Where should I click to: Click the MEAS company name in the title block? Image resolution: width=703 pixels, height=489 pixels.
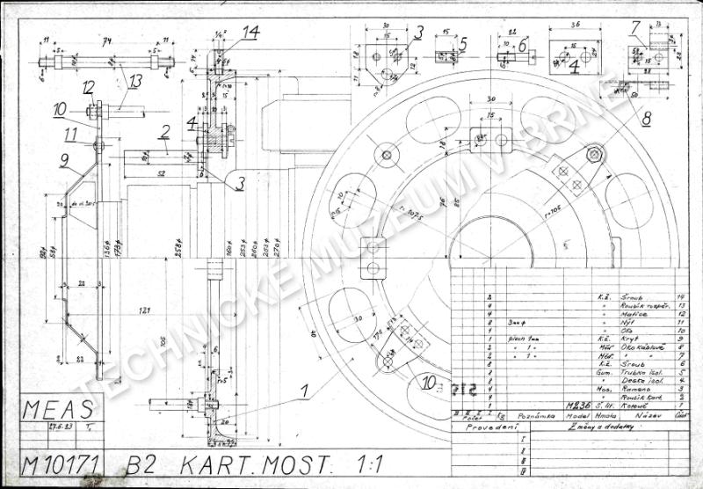coord(57,410)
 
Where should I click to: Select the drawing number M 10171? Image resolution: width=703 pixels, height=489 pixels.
coord(59,463)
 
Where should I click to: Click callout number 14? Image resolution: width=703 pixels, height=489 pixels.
coord(251,33)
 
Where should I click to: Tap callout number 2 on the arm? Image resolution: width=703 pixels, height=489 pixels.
coord(163,133)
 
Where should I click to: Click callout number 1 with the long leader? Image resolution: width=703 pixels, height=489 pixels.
coord(302,387)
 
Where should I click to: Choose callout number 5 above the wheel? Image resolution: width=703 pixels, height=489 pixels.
coord(462,42)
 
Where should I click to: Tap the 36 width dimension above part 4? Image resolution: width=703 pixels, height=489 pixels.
coord(576,26)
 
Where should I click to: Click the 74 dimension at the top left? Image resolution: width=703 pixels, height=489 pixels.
coord(108,40)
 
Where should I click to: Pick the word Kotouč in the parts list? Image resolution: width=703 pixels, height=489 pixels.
coord(631,405)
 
